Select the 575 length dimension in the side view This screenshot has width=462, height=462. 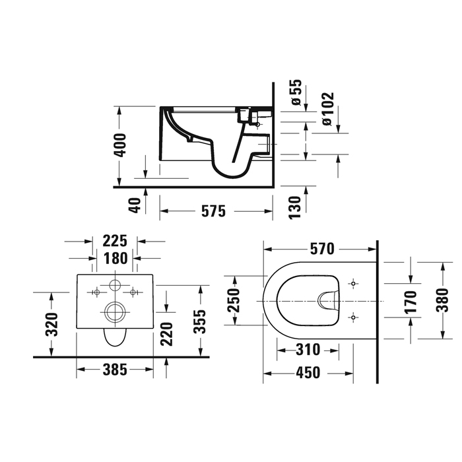[x=213, y=211]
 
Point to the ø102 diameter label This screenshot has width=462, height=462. [x=328, y=108]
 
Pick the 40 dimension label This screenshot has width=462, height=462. [x=135, y=205]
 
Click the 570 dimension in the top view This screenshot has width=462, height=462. [x=321, y=249]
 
